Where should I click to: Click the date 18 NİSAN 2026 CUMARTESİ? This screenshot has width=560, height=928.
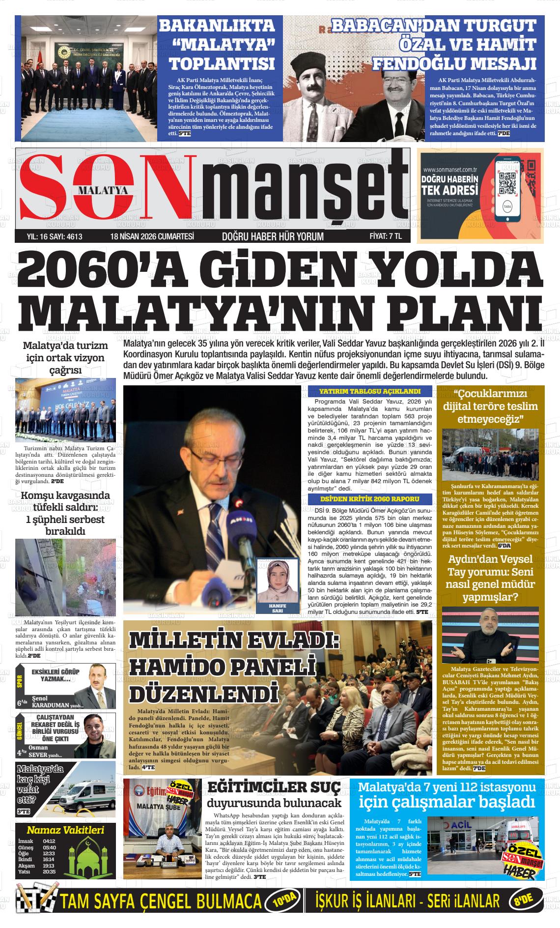[x=152, y=236]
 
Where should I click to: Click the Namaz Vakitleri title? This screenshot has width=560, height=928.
[x=65, y=830]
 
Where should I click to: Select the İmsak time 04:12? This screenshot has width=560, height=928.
[x=49, y=841]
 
